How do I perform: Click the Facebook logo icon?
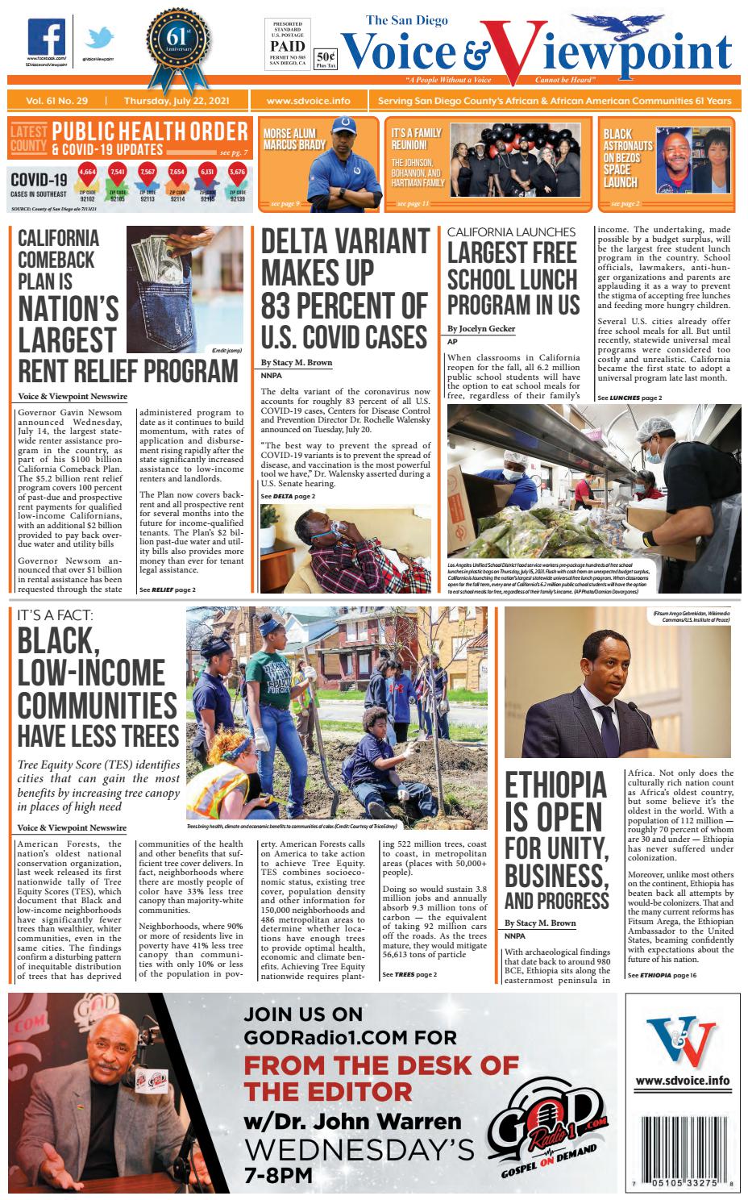pos(47,36)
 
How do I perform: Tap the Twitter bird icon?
pos(101,38)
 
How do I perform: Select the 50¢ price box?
pos(326,58)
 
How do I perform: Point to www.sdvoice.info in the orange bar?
pos(308,102)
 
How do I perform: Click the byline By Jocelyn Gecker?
pos(481,329)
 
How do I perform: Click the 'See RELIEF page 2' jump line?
pos(168,590)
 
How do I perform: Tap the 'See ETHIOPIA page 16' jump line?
pos(663,976)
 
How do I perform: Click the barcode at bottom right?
pos(683,1142)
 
